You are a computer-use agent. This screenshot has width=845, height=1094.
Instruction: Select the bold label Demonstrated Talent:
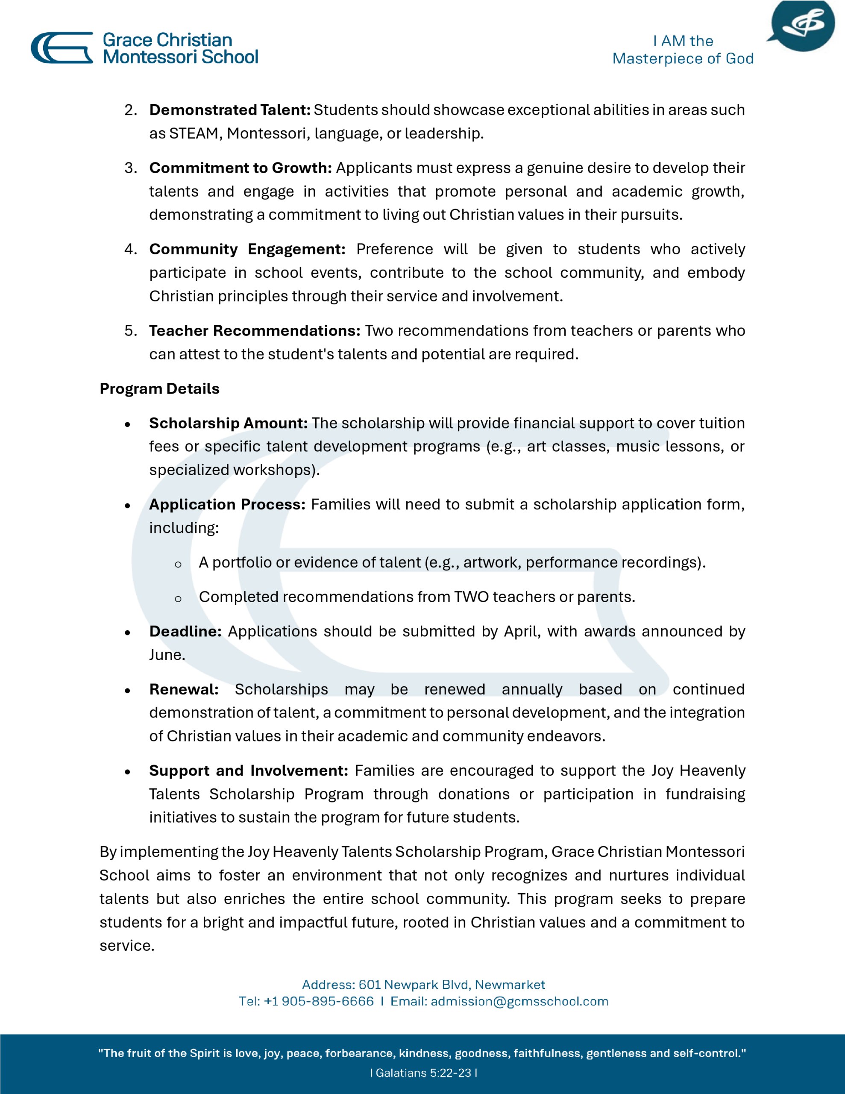[230, 110]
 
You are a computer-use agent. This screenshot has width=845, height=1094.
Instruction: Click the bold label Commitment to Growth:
[241, 168]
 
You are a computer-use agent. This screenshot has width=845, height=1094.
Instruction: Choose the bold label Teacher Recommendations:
[255, 331]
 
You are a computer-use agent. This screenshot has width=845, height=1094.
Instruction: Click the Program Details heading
[159, 389]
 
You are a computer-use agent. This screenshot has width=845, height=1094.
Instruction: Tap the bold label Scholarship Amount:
[228, 423]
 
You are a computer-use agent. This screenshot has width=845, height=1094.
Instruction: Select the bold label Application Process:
[227, 504]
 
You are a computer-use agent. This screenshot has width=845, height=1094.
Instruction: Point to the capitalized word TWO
[471, 597]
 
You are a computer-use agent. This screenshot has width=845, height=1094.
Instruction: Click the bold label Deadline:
[185, 632]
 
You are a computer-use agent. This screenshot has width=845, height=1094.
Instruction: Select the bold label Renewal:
[184, 690]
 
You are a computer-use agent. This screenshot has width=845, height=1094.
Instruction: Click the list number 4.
[130, 250]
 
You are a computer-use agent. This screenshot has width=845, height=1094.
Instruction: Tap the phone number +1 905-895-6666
[319, 1001]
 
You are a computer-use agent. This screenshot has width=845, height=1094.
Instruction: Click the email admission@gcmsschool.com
[519, 1001]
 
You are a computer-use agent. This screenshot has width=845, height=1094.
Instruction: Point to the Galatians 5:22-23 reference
[423, 1073]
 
